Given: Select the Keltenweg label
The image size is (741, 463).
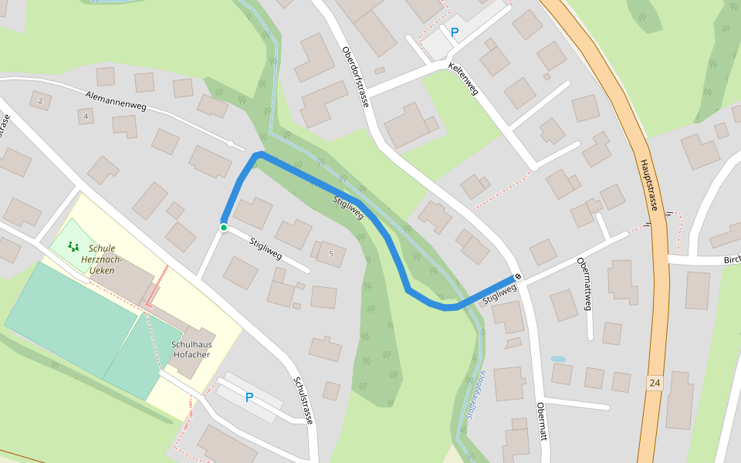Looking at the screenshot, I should click(463, 79).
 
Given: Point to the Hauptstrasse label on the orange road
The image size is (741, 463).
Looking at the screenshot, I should click(648, 185).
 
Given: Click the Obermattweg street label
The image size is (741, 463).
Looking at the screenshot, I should click(584, 283).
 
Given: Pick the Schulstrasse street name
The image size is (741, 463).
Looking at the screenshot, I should click(303, 400).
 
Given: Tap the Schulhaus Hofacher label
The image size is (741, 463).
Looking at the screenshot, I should click(192, 350).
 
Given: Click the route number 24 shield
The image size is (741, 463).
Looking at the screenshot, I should click(655, 383).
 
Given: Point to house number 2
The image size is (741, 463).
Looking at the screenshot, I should click(39, 101).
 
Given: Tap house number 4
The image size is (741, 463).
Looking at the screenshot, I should click(86, 117).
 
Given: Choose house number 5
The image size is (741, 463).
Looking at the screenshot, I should click(331, 254).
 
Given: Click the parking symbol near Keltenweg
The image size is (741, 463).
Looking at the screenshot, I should click(454, 32).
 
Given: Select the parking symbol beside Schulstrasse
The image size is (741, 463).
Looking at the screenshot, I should click(249, 398).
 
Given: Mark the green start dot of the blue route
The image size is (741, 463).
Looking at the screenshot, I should click(223, 227).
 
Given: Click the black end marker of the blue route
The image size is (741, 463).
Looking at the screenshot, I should click(518, 278).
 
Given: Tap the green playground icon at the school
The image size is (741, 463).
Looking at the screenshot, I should click(73, 247).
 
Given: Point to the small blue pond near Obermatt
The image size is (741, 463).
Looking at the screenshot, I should click(557, 359).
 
